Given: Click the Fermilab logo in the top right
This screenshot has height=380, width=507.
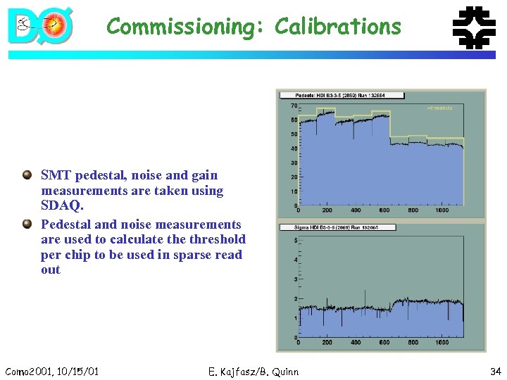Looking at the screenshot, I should (473, 28).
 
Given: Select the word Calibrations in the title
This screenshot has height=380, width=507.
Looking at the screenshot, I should (338, 27).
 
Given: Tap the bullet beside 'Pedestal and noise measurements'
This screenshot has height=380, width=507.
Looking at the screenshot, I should (27, 224).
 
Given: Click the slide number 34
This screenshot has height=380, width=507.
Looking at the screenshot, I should (494, 371).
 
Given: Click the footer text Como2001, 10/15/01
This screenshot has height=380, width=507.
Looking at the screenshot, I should (51, 371).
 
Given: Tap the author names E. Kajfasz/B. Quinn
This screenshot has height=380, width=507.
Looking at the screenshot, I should (254, 371).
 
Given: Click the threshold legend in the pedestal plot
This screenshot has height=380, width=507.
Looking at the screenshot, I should (440, 108).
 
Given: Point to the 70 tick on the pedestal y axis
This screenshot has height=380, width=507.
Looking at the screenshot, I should (294, 106).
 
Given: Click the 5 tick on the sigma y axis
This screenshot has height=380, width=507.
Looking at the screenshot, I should (294, 241).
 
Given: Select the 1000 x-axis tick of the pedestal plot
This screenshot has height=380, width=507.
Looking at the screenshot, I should (442, 210).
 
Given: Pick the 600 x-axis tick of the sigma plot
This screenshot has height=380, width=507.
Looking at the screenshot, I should (384, 343).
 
